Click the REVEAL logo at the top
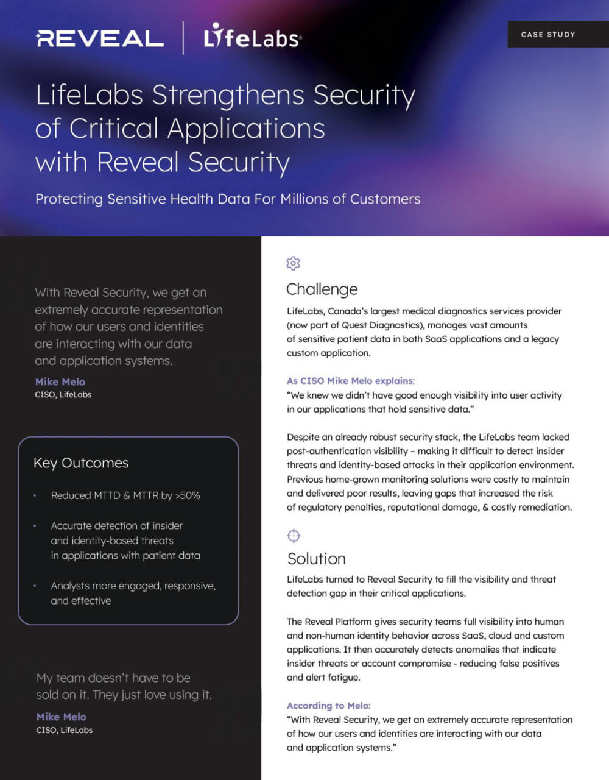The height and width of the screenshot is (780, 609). [x=100, y=39]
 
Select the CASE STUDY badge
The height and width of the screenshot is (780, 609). [x=547, y=35]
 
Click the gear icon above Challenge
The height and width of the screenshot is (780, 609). [x=294, y=263]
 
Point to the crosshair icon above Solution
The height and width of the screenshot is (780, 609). [x=294, y=536]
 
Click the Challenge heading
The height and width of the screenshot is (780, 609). [x=322, y=289]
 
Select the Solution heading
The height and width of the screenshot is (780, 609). [x=317, y=558]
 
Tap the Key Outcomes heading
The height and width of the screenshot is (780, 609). [x=81, y=463]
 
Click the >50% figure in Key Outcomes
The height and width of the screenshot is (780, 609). [x=188, y=495]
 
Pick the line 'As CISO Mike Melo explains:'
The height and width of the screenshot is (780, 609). [x=351, y=381]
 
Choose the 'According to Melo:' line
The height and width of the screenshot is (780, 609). [x=329, y=706]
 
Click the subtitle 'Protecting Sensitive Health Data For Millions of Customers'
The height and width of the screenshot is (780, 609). [x=228, y=199]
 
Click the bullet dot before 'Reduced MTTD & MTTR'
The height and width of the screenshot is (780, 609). [x=35, y=495]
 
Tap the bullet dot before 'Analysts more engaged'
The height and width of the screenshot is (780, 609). [x=35, y=586]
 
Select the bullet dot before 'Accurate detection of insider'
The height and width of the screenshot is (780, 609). [x=35, y=525]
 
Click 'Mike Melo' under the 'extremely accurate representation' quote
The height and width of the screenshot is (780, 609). [x=60, y=381]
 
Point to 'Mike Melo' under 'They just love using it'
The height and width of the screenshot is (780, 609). [x=62, y=717]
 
